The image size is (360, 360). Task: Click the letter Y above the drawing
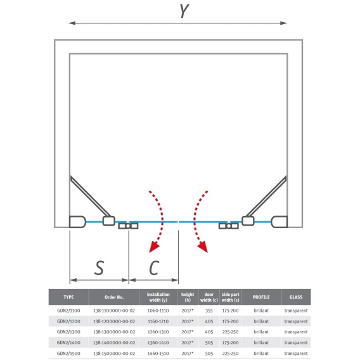tap(184, 11)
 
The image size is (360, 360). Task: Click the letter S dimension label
tap(99, 267)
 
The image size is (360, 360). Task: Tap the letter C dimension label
tap(154, 267)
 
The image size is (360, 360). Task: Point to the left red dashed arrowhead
tap(154, 247)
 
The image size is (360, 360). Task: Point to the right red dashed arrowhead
tap(203, 247)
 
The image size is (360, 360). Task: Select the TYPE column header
tap(68, 297)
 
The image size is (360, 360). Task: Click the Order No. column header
tap(114, 297)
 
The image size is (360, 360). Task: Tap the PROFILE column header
tap(261, 297)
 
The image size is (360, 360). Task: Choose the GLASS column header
tap(296, 297)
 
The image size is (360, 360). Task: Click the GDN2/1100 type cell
tap(68, 311)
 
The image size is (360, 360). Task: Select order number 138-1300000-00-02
tap(114, 332)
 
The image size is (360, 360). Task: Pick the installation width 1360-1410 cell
tap(158, 342)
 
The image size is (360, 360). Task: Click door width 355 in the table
tap(209, 311)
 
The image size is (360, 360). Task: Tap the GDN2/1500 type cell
tap(68, 353)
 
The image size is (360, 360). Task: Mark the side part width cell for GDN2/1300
tap(230, 332)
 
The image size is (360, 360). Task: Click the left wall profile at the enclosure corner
tap(77, 222)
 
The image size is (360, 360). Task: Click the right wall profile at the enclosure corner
tap(279, 222)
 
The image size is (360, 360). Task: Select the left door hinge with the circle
tap(128, 226)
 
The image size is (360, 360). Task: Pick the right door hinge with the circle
tap(229, 226)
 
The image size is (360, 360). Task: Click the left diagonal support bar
tap(90, 196)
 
